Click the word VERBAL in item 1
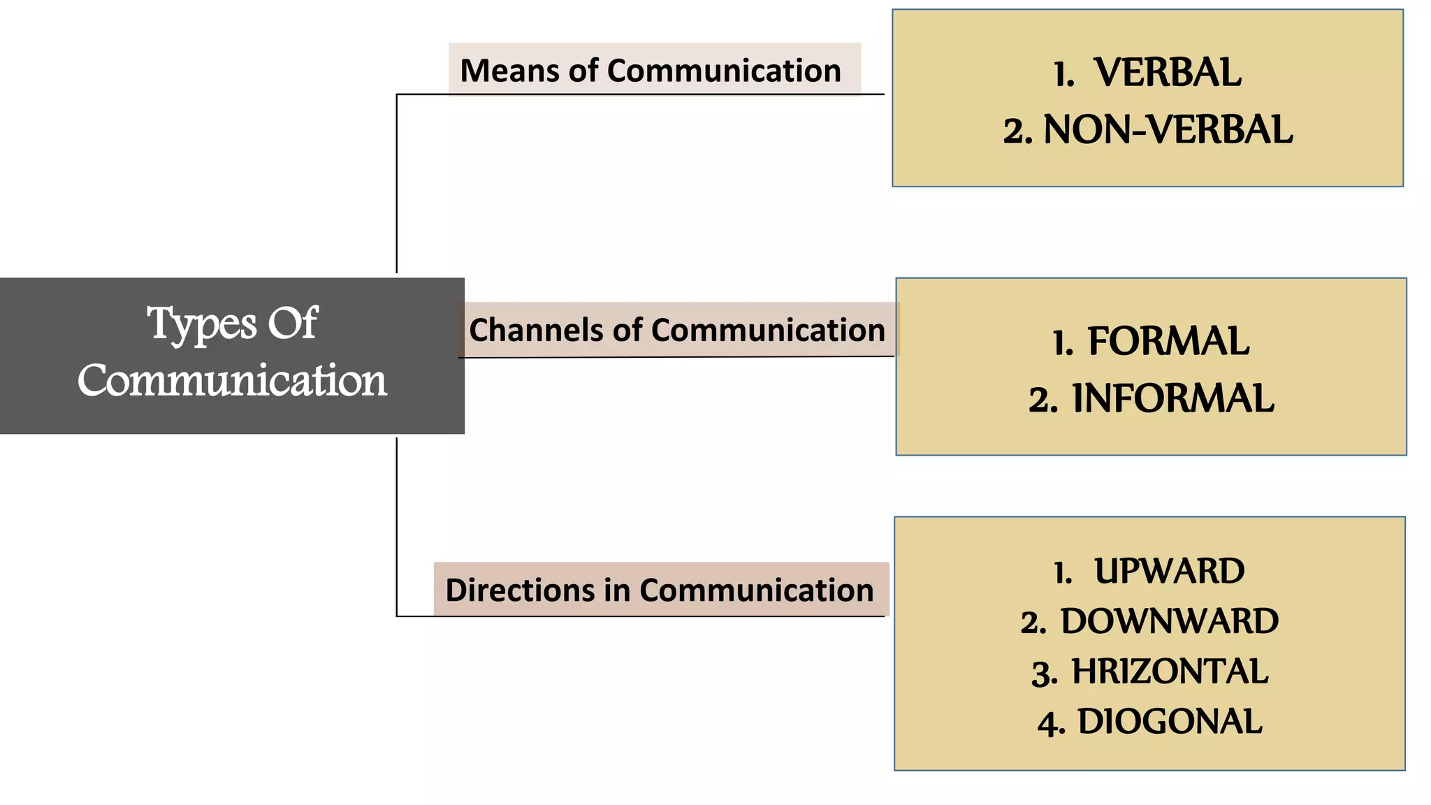[x=1168, y=73]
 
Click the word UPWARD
[x=1169, y=572]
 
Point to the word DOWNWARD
[x=1170, y=621]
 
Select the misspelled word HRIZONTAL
[x=1170, y=672]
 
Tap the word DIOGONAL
[x=1170, y=722]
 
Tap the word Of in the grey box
[x=293, y=324]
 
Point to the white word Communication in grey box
[x=232, y=381]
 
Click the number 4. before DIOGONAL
[x=1051, y=724]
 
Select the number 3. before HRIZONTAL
[x=1045, y=674]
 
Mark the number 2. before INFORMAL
[x=1043, y=400]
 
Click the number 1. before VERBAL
[x=1063, y=75]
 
